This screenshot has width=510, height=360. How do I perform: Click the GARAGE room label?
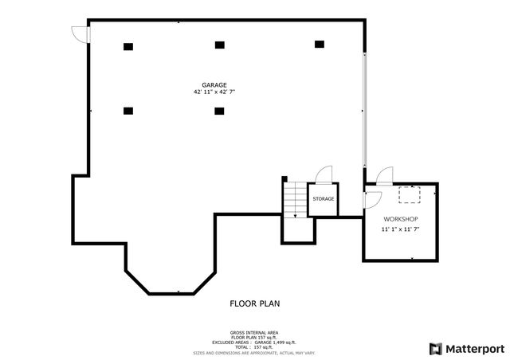(x=214, y=84)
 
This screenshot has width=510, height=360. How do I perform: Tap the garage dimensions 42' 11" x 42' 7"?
(x=214, y=92)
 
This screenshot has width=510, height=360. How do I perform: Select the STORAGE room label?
(x=323, y=199)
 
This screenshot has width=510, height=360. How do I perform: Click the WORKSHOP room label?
(x=400, y=219)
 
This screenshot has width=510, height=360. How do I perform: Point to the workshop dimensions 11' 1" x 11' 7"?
(x=400, y=229)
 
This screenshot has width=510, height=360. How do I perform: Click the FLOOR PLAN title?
(x=254, y=303)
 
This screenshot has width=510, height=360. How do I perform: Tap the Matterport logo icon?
(x=434, y=348)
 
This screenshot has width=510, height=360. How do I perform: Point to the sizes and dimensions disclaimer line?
(x=254, y=352)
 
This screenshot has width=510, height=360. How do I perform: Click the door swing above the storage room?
(x=324, y=175)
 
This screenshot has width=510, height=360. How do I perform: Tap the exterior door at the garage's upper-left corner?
(x=80, y=33)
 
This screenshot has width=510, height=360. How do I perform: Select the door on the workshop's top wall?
(x=384, y=176)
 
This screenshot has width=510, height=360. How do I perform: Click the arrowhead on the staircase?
(x=295, y=214)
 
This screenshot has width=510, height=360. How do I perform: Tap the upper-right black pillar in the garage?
(x=320, y=44)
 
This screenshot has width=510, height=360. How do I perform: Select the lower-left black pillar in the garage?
(x=127, y=111)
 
